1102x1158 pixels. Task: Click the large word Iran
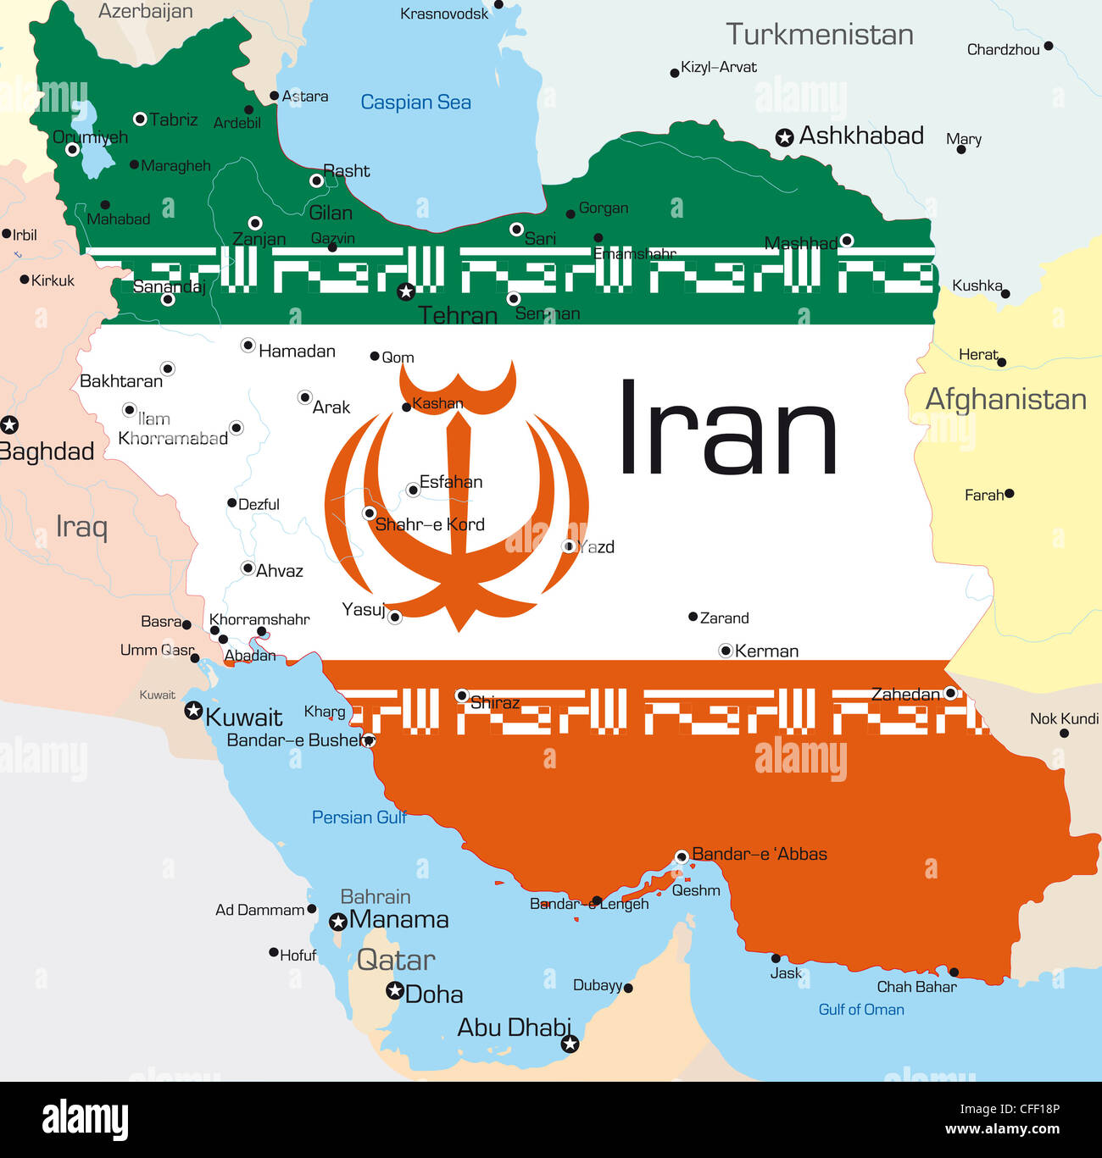pos(727,429)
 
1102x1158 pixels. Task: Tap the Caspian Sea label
pos(415,103)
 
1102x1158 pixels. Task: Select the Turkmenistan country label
pos(819,35)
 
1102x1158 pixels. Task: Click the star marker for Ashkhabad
pos(785,137)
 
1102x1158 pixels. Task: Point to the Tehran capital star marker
pos(406,291)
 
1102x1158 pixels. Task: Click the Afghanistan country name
pos(1005,399)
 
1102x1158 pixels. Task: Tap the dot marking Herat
pos(1002,363)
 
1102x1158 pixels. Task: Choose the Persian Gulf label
pos(359,817)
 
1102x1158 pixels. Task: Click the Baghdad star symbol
pos(9,425)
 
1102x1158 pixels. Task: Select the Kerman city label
pos(766,651)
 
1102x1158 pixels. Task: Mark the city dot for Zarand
pos(693,617)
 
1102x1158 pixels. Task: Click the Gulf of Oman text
pos(860,1010)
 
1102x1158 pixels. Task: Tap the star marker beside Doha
pos(394,990)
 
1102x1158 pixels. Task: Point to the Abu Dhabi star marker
pos(570,1044)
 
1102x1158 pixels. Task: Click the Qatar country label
pos(396,960)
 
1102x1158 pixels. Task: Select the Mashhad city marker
pos(846,241)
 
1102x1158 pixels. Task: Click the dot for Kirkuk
pos(24,280)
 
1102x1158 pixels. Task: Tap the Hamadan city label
pos(297,351)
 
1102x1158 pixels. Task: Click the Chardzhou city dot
pos(1049,46)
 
